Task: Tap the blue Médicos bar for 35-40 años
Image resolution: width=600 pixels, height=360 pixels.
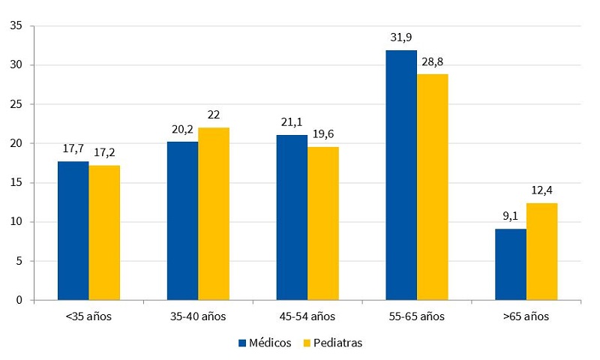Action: coord(182,221)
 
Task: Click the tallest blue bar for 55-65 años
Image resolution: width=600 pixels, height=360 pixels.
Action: coord(401,175)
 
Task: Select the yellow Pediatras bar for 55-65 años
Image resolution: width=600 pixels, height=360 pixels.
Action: coord(433,187)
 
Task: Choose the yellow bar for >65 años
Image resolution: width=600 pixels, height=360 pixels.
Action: coord(542,252)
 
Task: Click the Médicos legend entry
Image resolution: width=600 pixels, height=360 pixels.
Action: coord(265,343)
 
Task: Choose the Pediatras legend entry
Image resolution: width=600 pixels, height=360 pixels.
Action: coord(329,343)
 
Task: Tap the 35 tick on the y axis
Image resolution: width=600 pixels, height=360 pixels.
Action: coord(16,26)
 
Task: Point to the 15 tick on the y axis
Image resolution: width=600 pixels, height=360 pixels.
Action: coord(16,183)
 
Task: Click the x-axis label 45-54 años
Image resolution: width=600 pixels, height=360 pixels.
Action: coord(307,316)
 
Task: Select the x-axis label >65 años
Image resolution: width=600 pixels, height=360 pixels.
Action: coord(526,316)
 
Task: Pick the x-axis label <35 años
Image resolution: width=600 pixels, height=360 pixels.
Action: coord(88,316)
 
